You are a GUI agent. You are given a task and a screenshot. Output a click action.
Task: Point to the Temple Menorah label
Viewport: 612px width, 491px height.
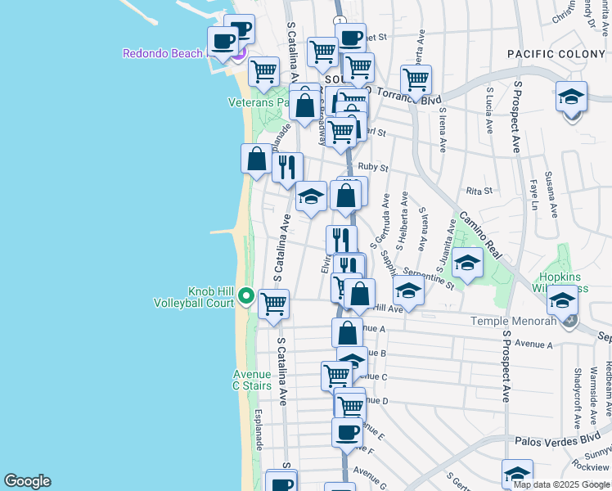click(x=512, y=321)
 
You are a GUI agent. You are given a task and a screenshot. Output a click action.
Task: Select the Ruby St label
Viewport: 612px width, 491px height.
click(x=372, y=167)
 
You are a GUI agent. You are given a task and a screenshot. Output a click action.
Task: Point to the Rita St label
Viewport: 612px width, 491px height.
click(x=478, y=191)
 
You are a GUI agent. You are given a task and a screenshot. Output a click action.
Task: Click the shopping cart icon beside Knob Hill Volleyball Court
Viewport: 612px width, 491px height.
click(x=273, y=303)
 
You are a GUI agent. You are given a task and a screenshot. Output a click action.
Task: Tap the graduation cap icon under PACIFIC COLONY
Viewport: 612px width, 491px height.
click(x=571, y=97)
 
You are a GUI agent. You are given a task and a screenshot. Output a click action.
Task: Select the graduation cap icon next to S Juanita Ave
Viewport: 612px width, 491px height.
click(x=467, y=262)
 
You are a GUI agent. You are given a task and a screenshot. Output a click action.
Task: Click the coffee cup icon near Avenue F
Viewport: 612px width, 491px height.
click(x=347, y=431)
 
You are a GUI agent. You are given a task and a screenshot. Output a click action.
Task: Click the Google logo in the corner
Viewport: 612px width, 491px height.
click(x=26, y=481)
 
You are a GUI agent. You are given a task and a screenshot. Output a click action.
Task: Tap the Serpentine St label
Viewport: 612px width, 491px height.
click(x=428, y=277)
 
